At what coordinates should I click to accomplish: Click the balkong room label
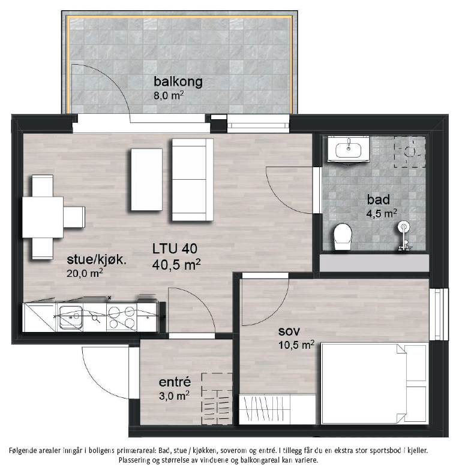pos(178,81)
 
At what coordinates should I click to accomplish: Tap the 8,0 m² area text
pos(169,95)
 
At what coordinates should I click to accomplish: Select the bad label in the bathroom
pos(379,200)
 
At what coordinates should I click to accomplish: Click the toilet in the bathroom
pos(343,237)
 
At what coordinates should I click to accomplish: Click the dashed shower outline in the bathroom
pos(410,152)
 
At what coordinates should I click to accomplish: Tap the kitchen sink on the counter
pos(71,317)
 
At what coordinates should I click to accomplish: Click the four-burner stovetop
pos(122,317)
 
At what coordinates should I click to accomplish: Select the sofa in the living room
pos(193,180)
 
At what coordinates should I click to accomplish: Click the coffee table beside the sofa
pos(147,180)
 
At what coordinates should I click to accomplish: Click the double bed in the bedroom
pos(375,384)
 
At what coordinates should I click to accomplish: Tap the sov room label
pos(289,331)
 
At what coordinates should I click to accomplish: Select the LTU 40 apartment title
pos(175,249)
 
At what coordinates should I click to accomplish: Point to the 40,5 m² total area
pos(176,264)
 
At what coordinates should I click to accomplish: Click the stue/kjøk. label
pos(97,260)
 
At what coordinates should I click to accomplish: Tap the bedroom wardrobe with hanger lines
pos(277,409)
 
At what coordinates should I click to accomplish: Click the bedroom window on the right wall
pos(439,314)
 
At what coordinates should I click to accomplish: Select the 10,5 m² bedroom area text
pos(296,345)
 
